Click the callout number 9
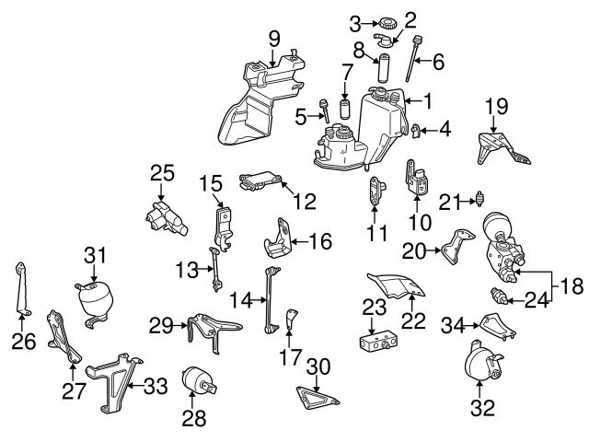tap(273, 38)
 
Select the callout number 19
tap(496, 107)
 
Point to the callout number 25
tap(162, 172)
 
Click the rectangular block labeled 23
tap(376, 343)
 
